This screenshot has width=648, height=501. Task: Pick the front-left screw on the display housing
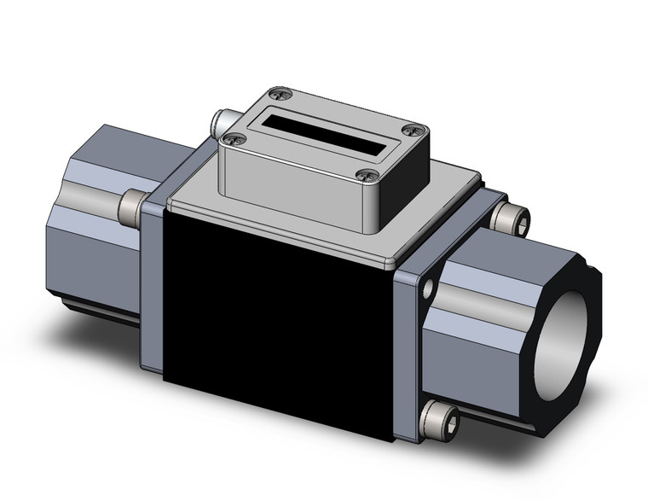[x=233, y=138]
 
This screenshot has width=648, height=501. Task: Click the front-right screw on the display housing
[x=368, y=177]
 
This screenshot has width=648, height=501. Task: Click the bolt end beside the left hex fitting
[x=130, y=204]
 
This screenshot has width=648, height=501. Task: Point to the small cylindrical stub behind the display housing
[x=224, y=119]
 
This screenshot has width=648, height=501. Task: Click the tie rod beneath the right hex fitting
[x=512, y=422]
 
